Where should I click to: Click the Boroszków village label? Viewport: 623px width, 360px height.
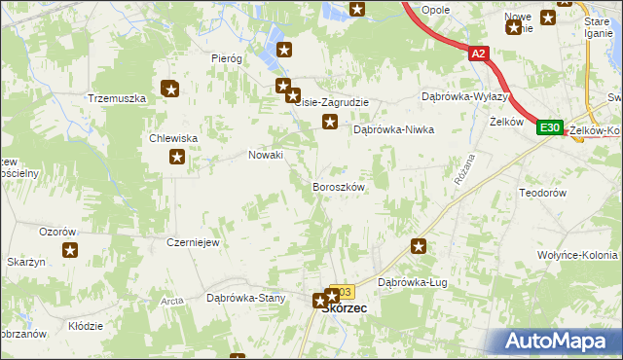pos(338,186)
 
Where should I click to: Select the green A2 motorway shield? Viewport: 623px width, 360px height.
pos(477,55)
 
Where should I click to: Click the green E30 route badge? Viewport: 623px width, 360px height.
pos(550,127)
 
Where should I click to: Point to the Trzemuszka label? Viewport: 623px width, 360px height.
pos(116,99)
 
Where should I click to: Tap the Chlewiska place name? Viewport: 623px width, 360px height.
pos(174,138)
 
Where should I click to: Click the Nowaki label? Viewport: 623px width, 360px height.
pos(266,155)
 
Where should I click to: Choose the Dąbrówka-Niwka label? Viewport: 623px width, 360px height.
pos(392,128)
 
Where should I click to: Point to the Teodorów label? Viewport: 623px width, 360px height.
pos(543,193)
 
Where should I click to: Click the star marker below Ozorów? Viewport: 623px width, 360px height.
pos(71,250)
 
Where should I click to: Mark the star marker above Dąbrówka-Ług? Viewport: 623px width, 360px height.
pos(419,247)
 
